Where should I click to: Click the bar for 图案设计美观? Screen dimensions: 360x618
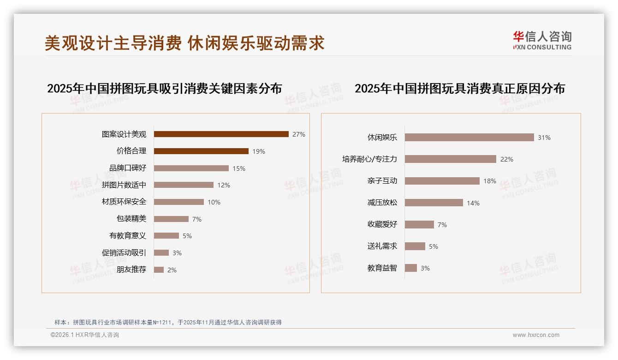221,134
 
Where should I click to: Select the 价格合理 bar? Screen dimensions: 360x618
201,151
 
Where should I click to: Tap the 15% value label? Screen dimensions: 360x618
239,168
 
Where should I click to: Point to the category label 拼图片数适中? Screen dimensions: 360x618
124,185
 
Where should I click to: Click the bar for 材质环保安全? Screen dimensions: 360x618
178,202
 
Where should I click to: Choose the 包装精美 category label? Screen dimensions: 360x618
131,219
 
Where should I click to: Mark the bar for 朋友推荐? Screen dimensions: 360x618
159,270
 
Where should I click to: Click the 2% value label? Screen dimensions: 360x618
172,270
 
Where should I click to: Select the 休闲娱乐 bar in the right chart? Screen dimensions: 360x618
469,137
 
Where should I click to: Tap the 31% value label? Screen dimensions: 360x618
544,138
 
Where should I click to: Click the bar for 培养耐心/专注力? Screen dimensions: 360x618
450,159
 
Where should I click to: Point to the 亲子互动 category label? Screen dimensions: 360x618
382,181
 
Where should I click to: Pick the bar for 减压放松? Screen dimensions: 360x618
434,203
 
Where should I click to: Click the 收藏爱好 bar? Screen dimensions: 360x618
419,224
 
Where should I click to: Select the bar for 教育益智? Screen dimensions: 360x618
410,268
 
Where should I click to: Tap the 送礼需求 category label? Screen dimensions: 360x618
382,246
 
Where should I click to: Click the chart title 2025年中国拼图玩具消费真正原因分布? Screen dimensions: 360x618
459,88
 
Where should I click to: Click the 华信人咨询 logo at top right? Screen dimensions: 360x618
542,40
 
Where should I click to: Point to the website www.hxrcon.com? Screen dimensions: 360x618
536,335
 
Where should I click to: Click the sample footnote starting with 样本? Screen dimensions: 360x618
168,323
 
